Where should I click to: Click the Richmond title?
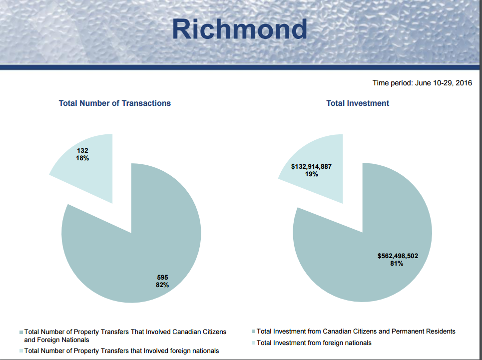pos(239,29)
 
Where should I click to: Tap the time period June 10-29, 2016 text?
pos(422,83)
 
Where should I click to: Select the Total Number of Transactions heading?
pos(115,103)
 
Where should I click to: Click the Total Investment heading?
pos(358,103)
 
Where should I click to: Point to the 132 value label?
pos(82,150)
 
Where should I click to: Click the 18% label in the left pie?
pos(82,158)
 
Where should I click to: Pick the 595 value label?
pos(162,278)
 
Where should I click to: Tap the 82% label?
pos(162,285)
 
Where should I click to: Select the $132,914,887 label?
pos(311,166)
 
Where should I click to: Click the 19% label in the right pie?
pos(311,174)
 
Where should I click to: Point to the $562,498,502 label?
pos(398,256)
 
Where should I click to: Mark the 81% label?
pos(397,264)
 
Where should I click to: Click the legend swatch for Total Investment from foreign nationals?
pos(254,343)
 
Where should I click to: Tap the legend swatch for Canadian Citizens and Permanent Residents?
pos(254,332)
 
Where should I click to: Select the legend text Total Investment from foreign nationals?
pos(314,343)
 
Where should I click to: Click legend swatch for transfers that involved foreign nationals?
pos(21,351)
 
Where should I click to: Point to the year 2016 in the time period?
pos(464,83)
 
